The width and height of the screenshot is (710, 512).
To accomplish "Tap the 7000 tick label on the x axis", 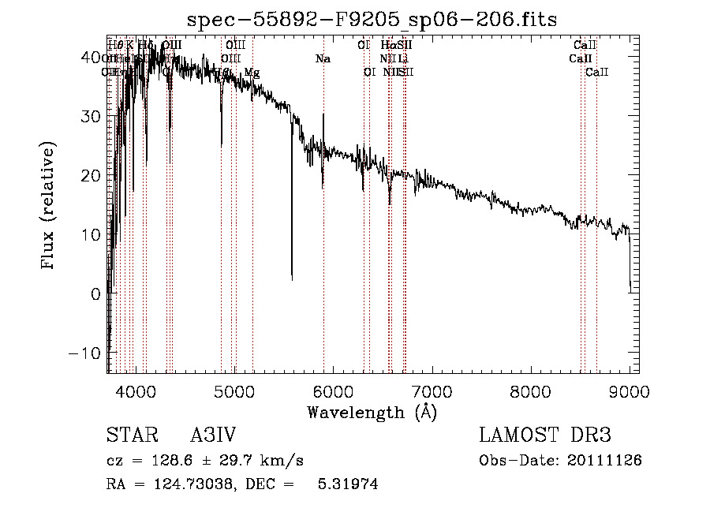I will (432, 390).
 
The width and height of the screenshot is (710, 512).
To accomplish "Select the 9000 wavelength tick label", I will (629, 390).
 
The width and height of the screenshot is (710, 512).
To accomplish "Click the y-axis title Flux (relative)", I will (49, 205).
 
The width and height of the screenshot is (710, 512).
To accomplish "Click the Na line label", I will (323, 59).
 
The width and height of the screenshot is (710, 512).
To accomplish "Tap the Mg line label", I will (252, 73).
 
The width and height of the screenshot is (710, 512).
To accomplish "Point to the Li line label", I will (402, 59).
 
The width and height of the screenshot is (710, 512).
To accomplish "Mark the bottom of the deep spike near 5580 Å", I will (292, 278).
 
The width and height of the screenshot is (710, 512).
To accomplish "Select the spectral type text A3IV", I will (213, 435).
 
